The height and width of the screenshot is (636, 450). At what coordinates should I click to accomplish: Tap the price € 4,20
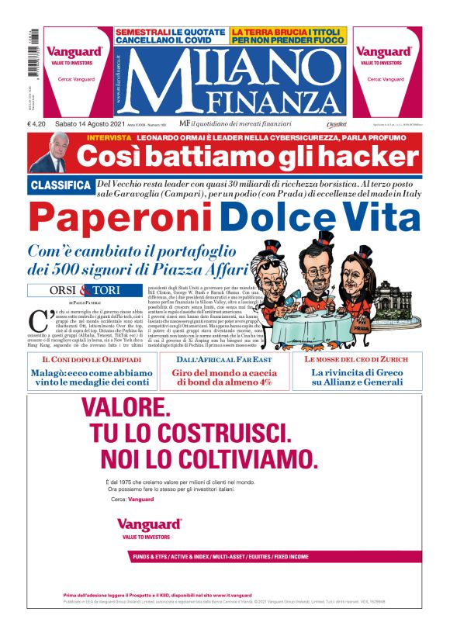tap(39, 124)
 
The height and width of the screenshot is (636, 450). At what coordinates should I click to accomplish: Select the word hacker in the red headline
tap(373, 157)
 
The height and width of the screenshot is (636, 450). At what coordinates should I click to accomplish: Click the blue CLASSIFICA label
tap(61, 185)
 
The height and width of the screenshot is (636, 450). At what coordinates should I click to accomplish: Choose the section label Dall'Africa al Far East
tap(225, 360)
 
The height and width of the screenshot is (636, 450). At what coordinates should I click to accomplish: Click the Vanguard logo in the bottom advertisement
tap(149, 524)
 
